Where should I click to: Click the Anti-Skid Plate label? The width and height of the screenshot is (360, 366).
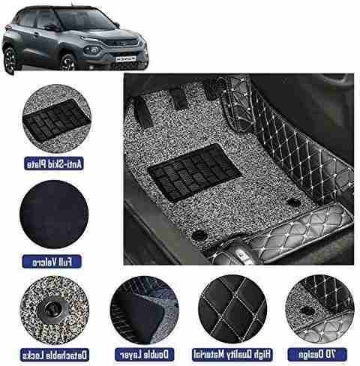[x=54, y=163]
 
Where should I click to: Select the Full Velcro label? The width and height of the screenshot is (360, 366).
[x=52, y=262]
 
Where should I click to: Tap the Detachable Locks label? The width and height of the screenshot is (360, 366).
[x=55, y=355]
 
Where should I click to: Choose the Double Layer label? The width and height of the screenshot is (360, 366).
[x=144, y=355]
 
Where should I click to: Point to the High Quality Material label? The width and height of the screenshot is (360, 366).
[x=232, y=355]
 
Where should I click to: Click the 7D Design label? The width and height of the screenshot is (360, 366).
[x=317, y=355]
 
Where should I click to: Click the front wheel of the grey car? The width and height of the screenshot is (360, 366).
[x=68, y=62]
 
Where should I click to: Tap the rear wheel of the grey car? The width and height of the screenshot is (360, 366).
[x=10, y=61]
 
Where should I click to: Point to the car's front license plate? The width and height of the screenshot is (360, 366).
[x=125, y=58]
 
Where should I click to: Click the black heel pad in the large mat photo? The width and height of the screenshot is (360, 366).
[x=194, y=172]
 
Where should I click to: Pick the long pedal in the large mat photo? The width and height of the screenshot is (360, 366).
[x=143, y=112]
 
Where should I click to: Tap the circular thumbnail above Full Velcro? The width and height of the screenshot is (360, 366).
[x=54, y=214]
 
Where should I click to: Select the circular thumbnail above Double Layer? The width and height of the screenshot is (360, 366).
[x=144, y=310]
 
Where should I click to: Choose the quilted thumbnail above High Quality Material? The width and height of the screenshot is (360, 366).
[x=232, y=309]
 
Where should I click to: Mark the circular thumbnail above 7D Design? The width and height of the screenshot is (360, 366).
[x=319, y=309]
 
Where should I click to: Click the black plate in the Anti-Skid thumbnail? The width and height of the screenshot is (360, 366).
[x=57, y=120]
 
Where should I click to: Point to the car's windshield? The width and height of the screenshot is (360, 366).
[x=83, y=19]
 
